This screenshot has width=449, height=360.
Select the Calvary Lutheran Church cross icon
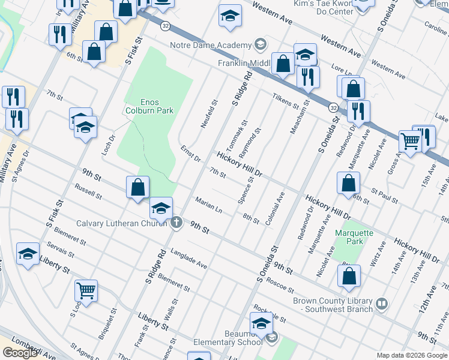click(x=176, y=223)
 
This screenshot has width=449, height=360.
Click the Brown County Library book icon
click(x=381, y=304)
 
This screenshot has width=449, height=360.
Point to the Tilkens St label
click(x=285, y=101)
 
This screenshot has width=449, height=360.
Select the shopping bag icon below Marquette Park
click(x=349, y=277)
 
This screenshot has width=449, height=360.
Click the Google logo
click(x=20, y=353)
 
